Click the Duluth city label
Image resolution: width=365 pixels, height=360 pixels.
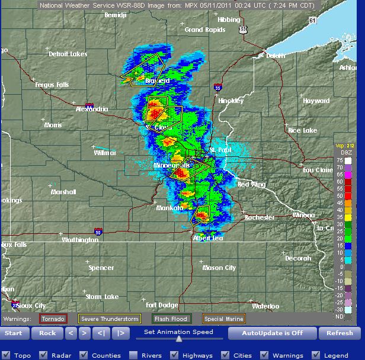(273, 56)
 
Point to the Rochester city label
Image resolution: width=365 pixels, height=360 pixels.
(260, 217)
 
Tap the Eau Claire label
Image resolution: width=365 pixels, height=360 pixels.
(318, 170)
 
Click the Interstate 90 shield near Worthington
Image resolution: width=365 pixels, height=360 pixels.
(98, 232)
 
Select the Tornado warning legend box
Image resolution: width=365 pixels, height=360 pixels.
(53, 319)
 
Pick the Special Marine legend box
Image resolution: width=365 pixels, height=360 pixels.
(224, 319)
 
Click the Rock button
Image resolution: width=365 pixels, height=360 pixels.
(47, 333)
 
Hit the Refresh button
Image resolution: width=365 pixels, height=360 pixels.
(340, 333)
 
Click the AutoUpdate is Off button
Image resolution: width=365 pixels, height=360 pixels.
(272, 333)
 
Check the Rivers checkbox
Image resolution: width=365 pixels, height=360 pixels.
(130, 355)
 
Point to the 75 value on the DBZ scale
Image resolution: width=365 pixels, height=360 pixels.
(340, 160)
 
